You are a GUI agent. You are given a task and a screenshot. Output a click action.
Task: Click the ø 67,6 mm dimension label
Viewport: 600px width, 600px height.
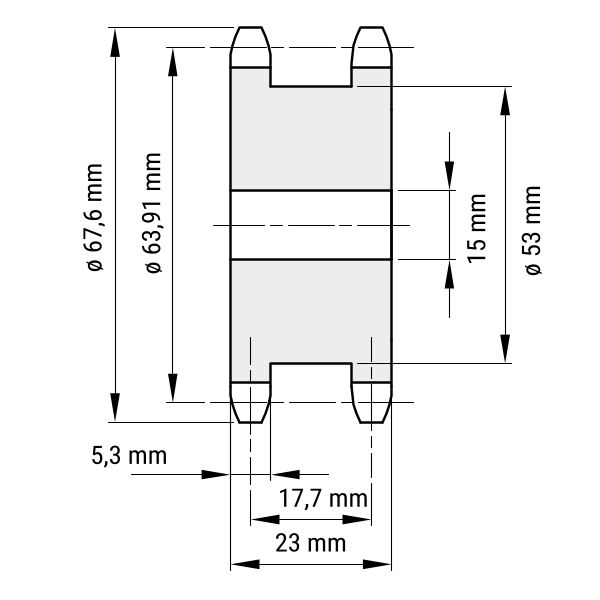[x=95, y=218]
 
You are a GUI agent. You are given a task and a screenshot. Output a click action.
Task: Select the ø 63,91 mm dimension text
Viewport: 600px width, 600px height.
[x=153, y=213]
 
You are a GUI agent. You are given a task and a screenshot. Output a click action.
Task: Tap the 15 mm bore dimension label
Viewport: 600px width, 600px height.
[x=477, y=228]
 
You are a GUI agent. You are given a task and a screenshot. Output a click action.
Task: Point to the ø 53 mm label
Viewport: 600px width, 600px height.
[x=533, y=230]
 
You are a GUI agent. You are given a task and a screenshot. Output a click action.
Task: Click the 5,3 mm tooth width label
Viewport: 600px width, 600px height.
[x=129, y=456]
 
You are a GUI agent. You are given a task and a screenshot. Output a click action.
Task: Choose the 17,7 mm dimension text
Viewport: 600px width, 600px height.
[x=323, y=498]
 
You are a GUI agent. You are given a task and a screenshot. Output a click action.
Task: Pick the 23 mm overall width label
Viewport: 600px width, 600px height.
[x=310, y=543]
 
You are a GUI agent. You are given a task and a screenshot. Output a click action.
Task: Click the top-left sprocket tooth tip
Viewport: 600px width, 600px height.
[x=250, y=27]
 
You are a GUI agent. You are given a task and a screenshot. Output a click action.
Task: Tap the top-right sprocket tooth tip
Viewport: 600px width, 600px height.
[x=372, y=27]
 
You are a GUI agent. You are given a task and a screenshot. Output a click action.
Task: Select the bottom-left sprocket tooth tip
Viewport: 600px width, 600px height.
[x=250, y=422]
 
